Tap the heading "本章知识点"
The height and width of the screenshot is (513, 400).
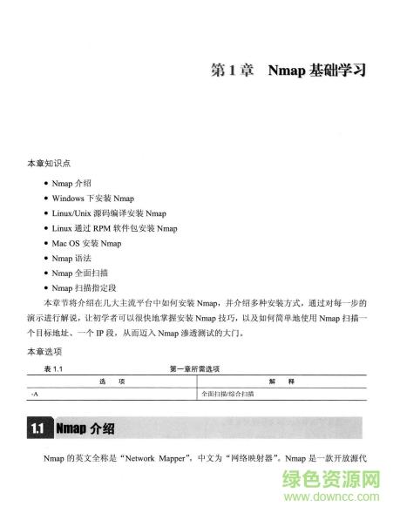tap(50, 163)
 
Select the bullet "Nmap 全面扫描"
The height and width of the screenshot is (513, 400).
tap(81, 273)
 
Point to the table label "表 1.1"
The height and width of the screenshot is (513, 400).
tap(54, 369)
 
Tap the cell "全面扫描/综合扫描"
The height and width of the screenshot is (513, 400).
tap(228, 394)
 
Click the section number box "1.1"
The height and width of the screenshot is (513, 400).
tap(37, 429)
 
